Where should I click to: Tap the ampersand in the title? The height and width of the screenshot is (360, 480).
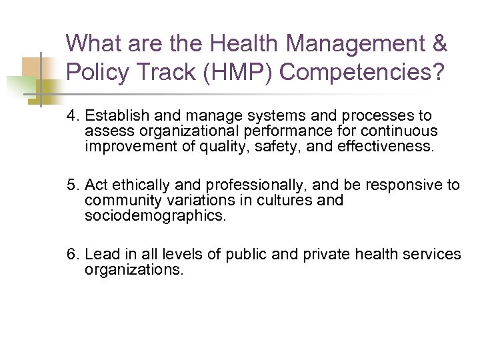(x=439, y=44)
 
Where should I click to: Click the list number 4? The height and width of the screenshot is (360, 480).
(x=71, y=117)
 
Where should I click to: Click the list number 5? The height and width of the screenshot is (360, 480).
(x=71, y=185)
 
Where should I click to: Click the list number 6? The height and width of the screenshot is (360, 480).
(x=71, y=254)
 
